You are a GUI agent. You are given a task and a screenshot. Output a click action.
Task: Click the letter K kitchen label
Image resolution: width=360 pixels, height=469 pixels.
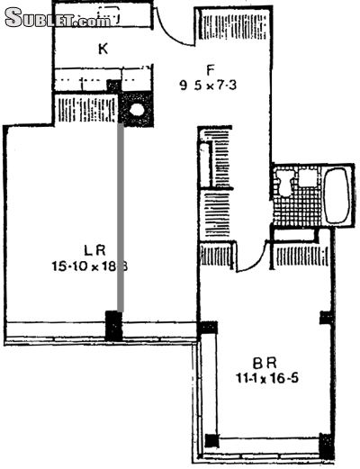tap(103, 50)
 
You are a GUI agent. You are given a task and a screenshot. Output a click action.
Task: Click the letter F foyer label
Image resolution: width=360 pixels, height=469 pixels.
tap(209, 68)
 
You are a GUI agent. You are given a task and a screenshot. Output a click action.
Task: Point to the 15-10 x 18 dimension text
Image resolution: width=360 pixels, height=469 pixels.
tap(87, 265)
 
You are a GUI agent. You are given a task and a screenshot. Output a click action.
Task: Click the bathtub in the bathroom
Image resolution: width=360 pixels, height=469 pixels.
tap(337, 196)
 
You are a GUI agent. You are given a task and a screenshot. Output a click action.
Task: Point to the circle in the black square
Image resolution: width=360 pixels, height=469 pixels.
tap(136, 112)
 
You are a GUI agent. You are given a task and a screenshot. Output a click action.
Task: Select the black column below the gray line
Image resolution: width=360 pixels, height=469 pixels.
tap(114, 325)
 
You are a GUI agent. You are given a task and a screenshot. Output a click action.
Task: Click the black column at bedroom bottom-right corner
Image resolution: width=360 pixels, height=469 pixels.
tap(326, 445)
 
